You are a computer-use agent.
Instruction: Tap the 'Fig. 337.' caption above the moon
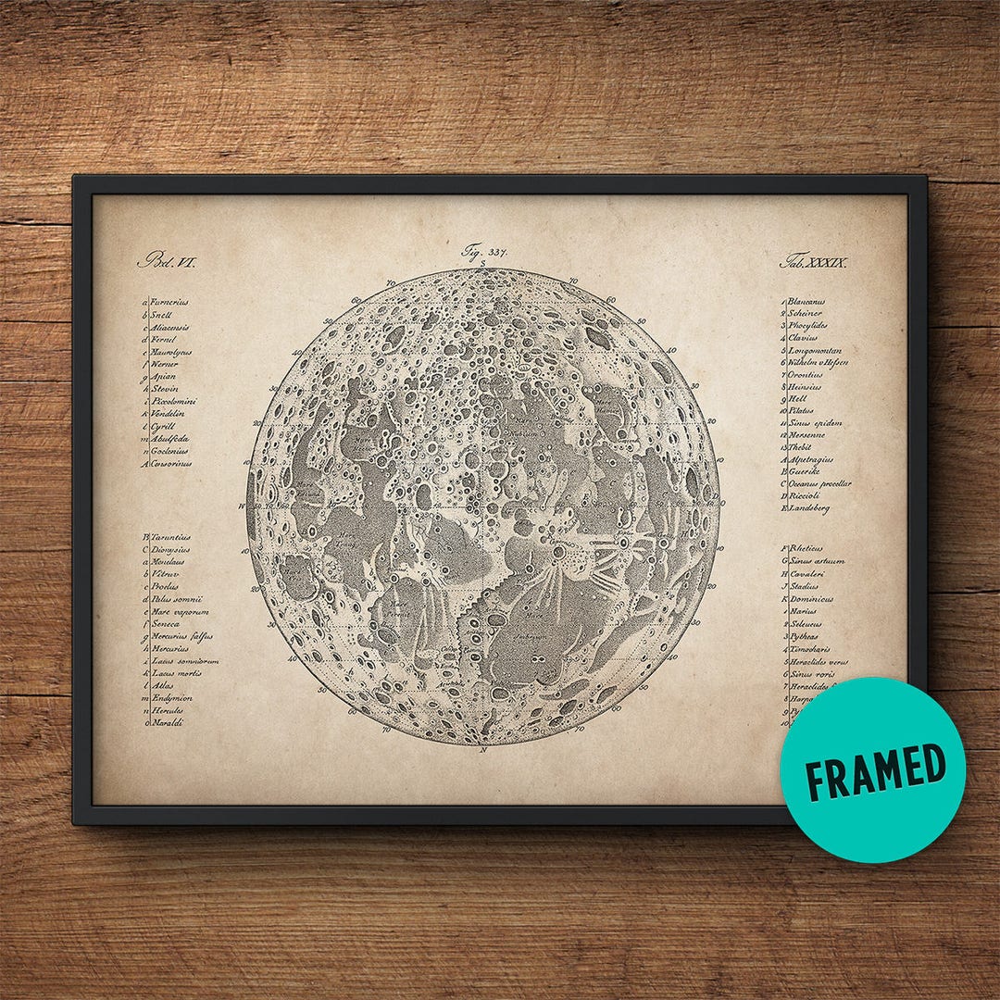(x=484, y=251)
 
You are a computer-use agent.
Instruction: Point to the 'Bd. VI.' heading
(x=168, y=262)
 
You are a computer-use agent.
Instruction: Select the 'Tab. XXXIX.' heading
(x=815, y=262)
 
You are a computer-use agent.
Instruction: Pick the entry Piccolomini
(x=172, y=402)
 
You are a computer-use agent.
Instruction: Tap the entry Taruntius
(x=170, y=537)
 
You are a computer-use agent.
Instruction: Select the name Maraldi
(x=168, y=722)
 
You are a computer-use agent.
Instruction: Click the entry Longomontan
(x=816, y=351)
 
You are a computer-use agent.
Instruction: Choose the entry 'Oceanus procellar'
(x=819, y=483)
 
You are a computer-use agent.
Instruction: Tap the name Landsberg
(x=808, y=508)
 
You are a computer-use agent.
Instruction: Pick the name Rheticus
(x=806, y=548)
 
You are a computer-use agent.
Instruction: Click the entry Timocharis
(x=811, y=650)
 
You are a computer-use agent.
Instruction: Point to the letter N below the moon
(x=483, y=750)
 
